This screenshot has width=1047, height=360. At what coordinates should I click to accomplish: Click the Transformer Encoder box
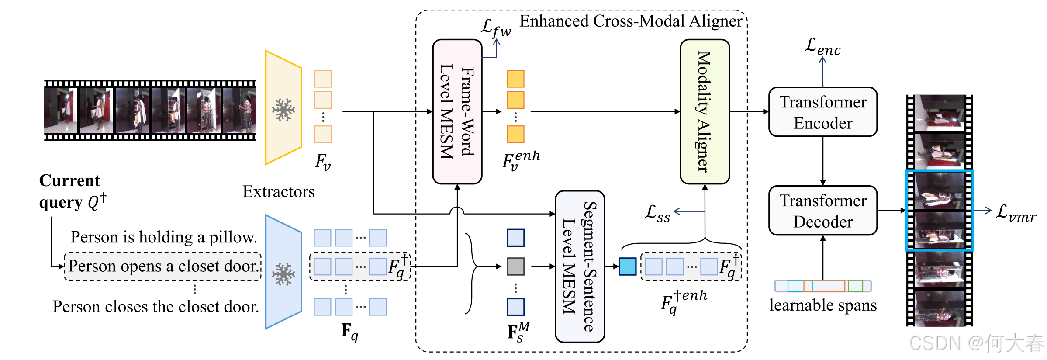click(823, 112)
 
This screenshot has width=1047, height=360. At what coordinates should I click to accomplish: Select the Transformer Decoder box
click(823, 211)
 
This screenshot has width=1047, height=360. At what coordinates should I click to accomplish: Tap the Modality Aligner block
click(705, 112)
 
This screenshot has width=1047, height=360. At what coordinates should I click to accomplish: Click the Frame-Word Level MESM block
click(457, 112)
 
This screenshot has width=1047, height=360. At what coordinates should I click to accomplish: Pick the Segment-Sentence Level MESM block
click(580, 267)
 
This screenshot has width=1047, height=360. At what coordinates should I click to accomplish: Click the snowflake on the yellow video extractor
click(283, 109)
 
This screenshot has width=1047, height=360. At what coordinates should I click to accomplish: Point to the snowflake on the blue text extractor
click(283, 274)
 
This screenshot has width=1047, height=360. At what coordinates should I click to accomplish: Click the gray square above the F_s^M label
click(515, 266)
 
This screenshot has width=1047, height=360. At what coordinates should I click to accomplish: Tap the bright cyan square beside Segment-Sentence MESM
click(628, 267)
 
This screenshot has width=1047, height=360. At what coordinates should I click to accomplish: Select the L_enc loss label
click(822, 46)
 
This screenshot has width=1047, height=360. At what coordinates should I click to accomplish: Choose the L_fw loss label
click(496, 28)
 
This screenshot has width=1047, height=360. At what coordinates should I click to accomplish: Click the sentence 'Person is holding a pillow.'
click(164, 237)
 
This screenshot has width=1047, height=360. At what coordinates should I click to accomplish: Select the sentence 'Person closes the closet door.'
click(156, 306)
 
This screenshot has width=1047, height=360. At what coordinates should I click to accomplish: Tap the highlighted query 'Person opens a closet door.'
click(163, 266)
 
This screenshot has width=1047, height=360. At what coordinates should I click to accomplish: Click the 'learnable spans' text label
click(823, 305)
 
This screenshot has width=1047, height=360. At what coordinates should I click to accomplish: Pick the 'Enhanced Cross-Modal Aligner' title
click(631, 21)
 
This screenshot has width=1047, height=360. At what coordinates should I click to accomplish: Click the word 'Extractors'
click(279, 191)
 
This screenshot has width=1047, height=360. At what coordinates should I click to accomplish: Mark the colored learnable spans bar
click(823, 286)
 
